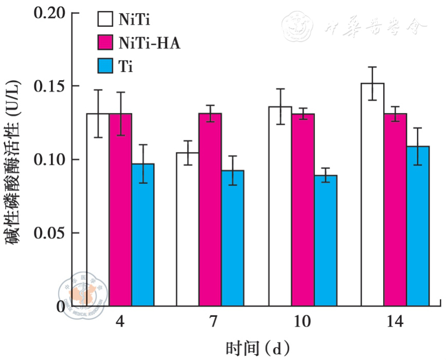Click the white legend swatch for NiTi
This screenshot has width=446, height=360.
click(104, 19)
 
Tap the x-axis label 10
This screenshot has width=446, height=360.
click(303, 322)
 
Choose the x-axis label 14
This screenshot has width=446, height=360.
click(395, 322)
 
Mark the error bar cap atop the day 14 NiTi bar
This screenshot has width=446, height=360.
click(373, 67)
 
